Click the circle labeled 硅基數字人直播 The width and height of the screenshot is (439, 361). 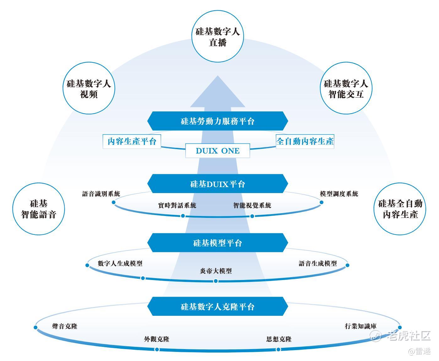[x=218, y=36]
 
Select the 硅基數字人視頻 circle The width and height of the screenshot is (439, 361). [x=89, y=89]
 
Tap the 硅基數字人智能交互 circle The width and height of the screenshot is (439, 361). [x=346, y=89]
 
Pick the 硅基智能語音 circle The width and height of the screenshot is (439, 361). [x=39, y=209]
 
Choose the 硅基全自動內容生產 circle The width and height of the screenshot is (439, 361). [x=400, y=209]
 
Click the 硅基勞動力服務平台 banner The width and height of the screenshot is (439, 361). [x=218, y=121]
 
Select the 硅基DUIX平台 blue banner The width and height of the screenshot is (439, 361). [x=218, y=184]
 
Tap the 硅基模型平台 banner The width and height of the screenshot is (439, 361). [x=218, y=243]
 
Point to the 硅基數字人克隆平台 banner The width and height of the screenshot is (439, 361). [x=218, y=307]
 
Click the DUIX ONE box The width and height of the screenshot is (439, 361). [x=218, y=151]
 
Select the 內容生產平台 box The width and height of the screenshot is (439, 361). [x=132, y=141]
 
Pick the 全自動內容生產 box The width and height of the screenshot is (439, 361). [x=305, y=141]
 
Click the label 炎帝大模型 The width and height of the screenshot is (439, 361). [x=216, y=271]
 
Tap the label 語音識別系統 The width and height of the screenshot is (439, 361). [x=101, y=194]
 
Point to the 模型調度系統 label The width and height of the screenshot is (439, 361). [x=339, y=194]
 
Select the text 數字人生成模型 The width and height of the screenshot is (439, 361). [x=120, y=263]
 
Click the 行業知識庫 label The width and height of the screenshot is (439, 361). [x=360, y=326]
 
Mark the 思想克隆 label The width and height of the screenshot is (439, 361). [x=279, y=339]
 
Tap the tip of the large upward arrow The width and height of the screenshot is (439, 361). [x=218, y=77]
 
